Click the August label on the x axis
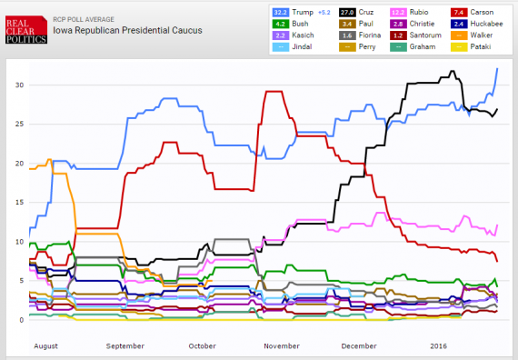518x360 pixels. point(45,346)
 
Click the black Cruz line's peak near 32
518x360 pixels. point(452,72)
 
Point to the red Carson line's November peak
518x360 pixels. point(274,91)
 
